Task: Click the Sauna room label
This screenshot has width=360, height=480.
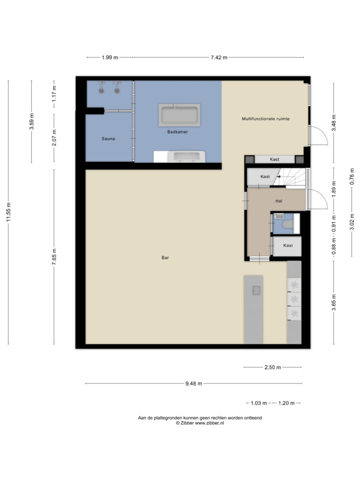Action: pos(108,139)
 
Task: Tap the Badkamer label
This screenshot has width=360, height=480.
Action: pos(178,132)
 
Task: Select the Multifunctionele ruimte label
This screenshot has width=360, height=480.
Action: pos(266,119)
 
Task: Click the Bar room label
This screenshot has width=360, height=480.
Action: pos(165,258)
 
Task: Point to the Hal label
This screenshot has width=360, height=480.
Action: pos(279,201)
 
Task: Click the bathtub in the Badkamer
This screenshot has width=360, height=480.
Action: pos(180,115)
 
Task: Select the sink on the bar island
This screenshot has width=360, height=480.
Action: pos(256,290)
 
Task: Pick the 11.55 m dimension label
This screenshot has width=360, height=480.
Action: pos(8,212)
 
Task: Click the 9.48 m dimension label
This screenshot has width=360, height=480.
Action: pos(194,383)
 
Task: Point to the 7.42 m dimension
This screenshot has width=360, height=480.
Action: pos(219,57)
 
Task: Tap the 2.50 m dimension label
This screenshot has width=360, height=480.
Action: pos(272,367)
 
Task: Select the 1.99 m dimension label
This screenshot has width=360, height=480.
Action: pos(110,57)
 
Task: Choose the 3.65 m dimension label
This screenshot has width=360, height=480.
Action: pos(334,302)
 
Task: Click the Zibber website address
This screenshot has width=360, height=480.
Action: pos(210,423)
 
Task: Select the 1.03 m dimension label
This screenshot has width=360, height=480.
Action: pos(259,403)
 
